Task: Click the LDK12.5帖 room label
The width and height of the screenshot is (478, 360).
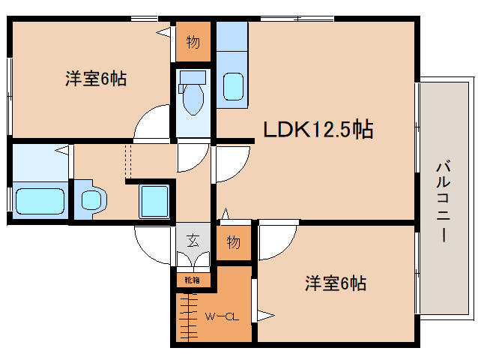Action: (318, 130)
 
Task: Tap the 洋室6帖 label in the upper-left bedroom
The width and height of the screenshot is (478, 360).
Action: (95, 79)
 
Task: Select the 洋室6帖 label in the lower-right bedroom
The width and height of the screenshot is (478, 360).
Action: (335, 283)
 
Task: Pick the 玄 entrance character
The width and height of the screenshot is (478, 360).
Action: (193, 241)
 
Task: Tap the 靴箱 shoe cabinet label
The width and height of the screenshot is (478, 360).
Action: (193, 280)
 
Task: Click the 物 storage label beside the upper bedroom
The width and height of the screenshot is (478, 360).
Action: (193, 43)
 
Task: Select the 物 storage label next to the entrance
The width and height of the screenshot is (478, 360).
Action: (233, 242)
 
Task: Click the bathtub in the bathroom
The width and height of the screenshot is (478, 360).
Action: (40, 201)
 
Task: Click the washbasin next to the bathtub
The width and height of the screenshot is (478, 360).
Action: (91, 199)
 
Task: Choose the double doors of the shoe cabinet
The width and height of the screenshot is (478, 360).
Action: (193, 259)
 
